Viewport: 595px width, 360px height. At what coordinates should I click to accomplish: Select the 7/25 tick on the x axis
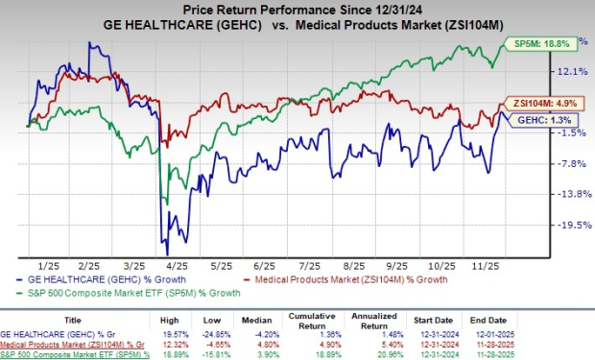pyautogui.click(x=309, y=264)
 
